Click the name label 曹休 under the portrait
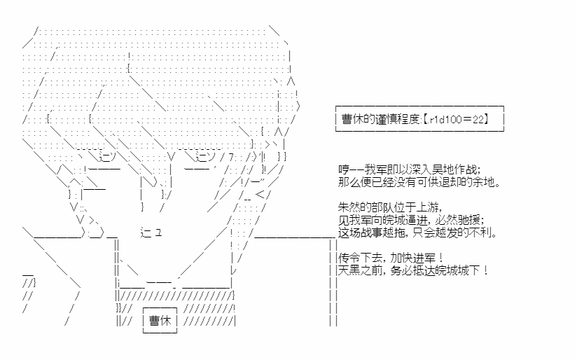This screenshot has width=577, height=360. click(x=160, y=321)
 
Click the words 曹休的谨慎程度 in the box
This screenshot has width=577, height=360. click(x=380, y=119)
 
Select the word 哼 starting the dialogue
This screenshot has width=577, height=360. click(x=344, y=169)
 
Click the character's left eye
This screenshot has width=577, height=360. click(x=106, y=157)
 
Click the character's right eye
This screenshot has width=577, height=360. click(x=205, y=157)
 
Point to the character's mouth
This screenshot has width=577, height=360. click(x=151, y=233)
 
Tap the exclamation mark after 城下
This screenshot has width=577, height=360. click(x=486, y=270)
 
